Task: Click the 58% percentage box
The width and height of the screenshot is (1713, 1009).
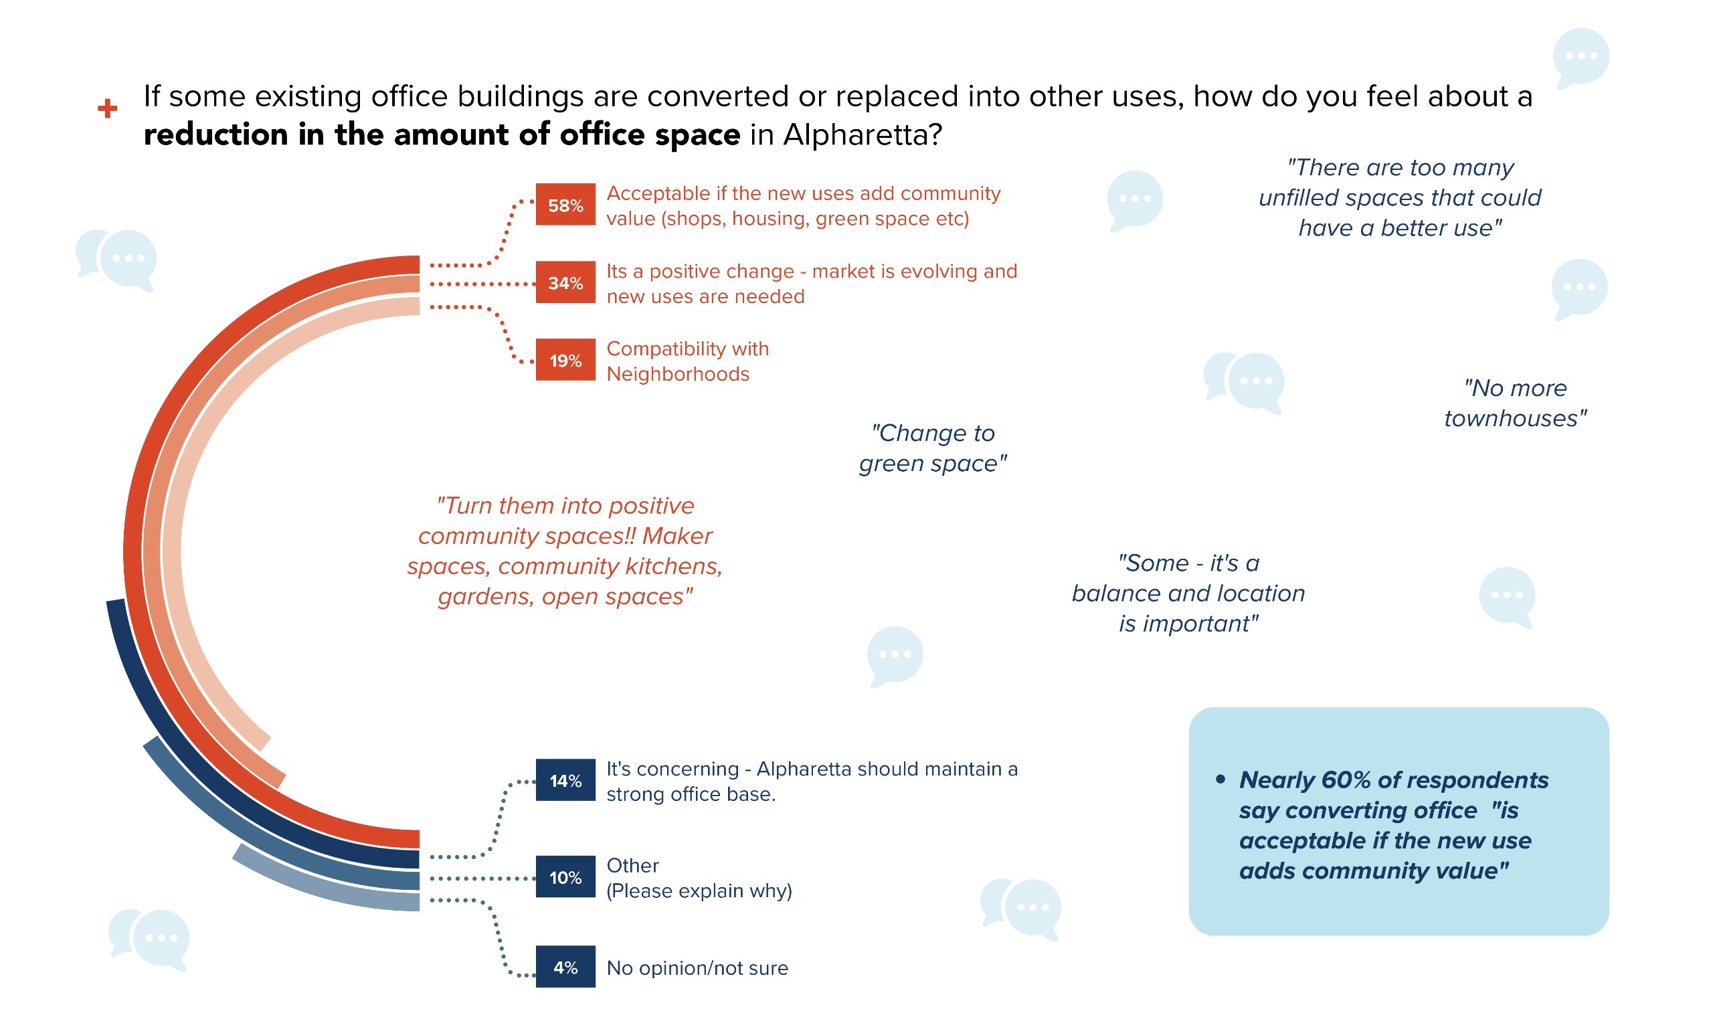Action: pyautogui.click(x=565, y=204)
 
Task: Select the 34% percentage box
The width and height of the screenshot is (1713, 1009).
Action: pyautogui.click(x=565, y=282)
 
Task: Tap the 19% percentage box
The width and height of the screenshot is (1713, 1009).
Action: pyautogui.click(x=565, y=360)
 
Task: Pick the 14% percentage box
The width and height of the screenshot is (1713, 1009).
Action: pyautogui.click(x=565, y=780)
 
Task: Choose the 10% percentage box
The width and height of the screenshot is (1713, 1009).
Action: pyautogui.click(x=565, y=877)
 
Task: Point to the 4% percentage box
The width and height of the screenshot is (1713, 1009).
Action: pyautogui.click(x=565, y=966)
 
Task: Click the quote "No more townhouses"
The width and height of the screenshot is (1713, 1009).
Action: pyautogui.click(x=1514, y=403)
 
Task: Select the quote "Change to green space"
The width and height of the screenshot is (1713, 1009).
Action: pyautogui.click(x=932, y=448)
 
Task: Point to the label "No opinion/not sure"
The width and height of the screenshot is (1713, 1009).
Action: pyautogui.click(x=697, y=968)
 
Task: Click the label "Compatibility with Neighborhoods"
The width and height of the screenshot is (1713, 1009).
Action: pyautogui.click(x=687, y=361)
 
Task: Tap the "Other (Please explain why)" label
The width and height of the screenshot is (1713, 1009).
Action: pyautogui.click(x=699, y=878)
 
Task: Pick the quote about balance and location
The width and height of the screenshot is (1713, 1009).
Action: pyautogui.click(x=1188, y=593)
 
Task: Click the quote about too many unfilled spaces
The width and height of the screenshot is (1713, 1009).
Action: pyautogui.click(x=1399, y=197)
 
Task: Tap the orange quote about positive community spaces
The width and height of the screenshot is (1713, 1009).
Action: pyautogui.click(x=564, y=551)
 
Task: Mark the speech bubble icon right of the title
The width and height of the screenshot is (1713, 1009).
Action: pyautogui.click(x=1581, y=57)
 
